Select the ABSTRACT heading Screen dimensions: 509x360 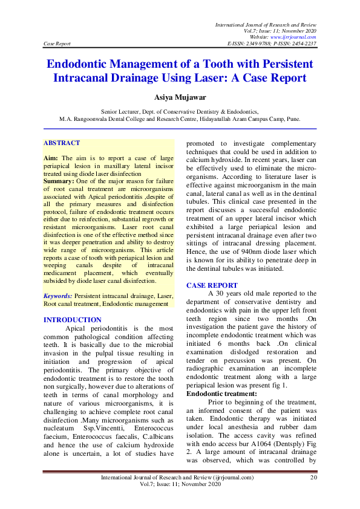click(x=62, y=143)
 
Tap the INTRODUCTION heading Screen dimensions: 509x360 click(x=73, y=320)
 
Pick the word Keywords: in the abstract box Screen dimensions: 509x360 click(x=57, y=296)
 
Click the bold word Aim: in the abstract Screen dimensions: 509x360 click(x=50, y=157)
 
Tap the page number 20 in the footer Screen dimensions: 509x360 click(x=313, y=494)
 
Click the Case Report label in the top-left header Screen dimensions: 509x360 click(x=57, y=44)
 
